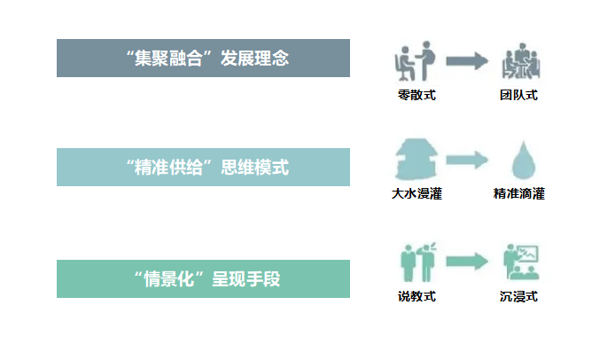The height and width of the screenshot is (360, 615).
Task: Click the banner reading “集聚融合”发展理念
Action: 203,59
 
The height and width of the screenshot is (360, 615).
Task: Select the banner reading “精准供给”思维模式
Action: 203,168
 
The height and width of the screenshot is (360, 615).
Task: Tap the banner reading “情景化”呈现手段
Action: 203,279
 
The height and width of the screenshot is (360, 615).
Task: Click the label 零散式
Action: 416,95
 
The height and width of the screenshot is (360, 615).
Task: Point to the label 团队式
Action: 518,95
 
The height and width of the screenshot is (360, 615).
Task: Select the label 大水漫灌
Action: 416,193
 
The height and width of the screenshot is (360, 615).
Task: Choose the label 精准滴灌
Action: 519,193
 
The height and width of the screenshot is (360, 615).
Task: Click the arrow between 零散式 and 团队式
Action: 467,60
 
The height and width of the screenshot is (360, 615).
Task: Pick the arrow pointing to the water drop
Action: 467,160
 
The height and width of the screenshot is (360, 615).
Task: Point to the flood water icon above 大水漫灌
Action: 416,160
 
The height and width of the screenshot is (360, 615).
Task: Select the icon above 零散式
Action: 415,60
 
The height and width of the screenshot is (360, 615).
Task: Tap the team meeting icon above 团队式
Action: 519,62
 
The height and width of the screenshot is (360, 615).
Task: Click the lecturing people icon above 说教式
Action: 416,262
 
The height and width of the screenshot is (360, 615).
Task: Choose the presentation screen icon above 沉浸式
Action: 520,262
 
